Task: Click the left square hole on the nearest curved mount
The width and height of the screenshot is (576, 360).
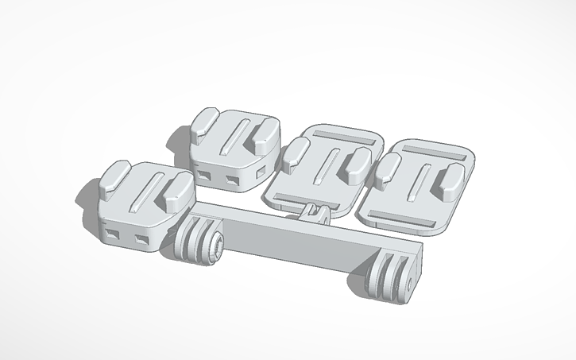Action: [x=114, y=234]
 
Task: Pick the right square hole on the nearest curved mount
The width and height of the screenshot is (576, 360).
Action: [x=142, y=238]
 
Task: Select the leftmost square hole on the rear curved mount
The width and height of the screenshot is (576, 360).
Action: [x=205, y=175]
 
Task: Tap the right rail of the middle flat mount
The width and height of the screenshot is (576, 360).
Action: [x=354, y=163]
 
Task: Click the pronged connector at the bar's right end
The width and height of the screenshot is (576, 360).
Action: [x=389, y=278]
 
